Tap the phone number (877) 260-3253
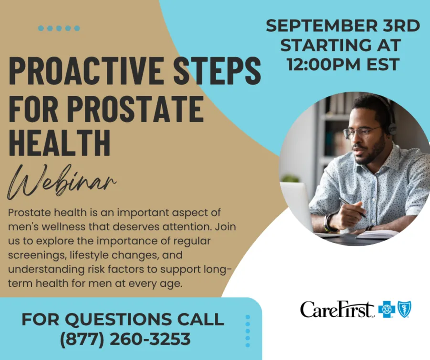tap(125, 339)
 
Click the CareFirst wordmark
tap(337, 309)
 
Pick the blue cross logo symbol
tap(386, 309)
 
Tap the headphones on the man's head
tap(390, 119)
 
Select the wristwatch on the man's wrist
tap(330, 222)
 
